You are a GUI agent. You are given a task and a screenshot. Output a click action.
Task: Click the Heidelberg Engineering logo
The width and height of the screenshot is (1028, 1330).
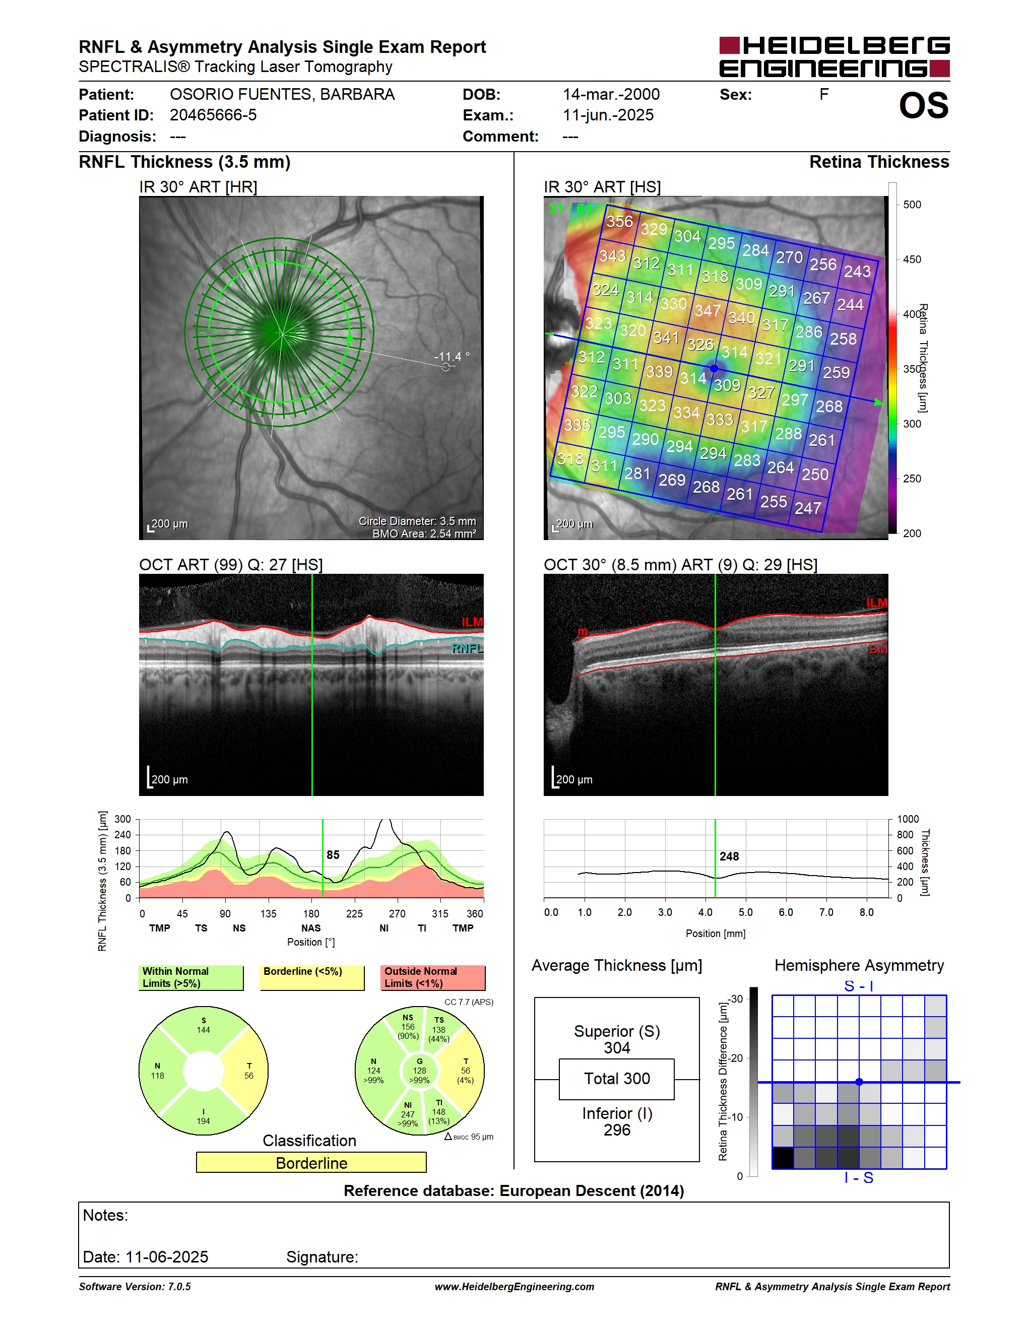click(x=834, y=56)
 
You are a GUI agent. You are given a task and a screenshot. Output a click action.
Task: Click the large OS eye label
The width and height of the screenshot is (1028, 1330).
click(x=924, y=105)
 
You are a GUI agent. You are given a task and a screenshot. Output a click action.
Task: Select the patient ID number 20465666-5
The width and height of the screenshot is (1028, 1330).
click(x=213, y=115)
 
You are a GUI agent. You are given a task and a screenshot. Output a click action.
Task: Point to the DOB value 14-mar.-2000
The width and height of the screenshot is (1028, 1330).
click(x=611, y=94)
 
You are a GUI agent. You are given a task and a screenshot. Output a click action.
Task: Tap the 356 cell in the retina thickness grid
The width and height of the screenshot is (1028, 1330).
click(x=619, y=221)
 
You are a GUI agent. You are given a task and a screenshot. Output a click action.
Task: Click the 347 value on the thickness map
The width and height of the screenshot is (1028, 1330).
click(x=708, y=310)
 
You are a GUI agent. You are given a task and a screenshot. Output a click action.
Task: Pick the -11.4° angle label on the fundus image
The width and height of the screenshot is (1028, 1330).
click(x=452, y=356)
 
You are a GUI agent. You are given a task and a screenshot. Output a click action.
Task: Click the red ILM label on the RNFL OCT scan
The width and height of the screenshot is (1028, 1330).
click(x=472, y=622)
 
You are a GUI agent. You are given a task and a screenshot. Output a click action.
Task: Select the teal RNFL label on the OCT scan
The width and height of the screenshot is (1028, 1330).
click(x=467, y=648)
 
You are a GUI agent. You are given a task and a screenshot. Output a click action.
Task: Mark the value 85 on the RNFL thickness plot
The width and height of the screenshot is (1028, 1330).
click(x=333, y=854)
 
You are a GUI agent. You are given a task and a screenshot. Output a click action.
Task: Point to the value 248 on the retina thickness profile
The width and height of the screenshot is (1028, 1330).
click(x=729, y=856)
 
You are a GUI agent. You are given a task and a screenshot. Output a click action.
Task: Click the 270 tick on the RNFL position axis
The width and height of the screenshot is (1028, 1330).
click(x=397, y=913)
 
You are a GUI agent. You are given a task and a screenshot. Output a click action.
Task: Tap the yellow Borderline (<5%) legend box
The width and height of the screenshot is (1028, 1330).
click(x=312, y=977)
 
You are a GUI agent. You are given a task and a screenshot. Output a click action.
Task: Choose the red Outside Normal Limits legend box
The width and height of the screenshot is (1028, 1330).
click(x=433, y=977)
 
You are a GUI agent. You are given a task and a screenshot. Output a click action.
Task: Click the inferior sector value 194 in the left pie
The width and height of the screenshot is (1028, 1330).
click(x=204, y=1120)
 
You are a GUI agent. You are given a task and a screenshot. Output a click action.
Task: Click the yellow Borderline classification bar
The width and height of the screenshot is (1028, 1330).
click(x=311, y=1163)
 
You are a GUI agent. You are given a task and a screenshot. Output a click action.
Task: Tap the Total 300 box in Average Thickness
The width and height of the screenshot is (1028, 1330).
click(x=617, y=1079)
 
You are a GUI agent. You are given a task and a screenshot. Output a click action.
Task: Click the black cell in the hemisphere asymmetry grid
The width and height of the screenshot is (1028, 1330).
click(x=783, y=1158)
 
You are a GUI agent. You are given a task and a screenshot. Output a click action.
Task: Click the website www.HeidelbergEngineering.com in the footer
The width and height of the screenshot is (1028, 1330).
click(x=515, y=1286)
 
